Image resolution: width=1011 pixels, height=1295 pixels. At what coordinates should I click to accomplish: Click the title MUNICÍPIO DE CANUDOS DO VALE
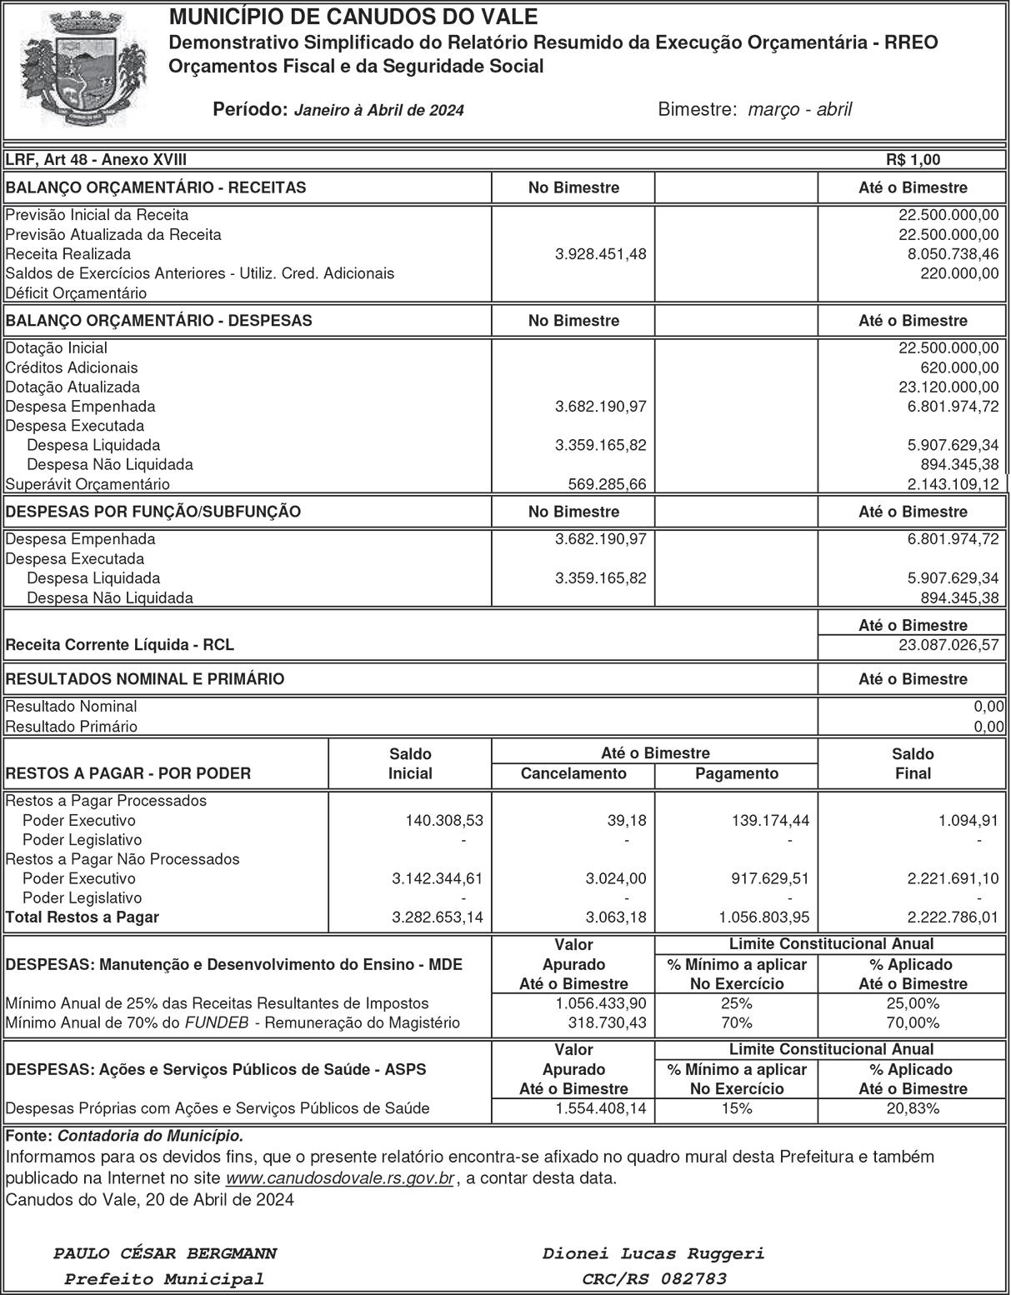point(353,17)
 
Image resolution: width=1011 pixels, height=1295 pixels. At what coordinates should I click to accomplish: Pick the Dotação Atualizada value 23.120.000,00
point(947,387)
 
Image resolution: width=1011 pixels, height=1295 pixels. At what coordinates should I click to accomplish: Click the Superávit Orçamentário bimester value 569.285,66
point(600,484)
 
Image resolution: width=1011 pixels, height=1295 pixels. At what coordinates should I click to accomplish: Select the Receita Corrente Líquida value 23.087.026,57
point(947,645)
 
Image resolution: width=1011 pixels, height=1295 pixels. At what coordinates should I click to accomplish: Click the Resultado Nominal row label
point(72,707)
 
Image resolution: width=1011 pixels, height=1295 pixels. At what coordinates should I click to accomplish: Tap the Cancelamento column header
point(573,773)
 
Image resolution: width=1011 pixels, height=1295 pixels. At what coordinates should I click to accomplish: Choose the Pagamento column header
point(737,773)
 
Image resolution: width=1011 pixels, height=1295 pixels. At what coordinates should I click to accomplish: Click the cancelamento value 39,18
point(626,821)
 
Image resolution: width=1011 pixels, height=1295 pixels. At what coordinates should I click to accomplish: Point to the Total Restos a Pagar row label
point(82,917)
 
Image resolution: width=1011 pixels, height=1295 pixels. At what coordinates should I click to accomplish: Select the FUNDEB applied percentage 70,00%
point(913,1022)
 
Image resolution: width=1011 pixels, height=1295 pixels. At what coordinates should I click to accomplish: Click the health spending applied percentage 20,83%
point(913,1108)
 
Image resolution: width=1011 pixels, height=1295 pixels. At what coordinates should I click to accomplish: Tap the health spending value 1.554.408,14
point(600,1108)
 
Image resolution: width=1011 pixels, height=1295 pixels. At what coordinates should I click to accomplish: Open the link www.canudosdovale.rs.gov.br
point(340,1178)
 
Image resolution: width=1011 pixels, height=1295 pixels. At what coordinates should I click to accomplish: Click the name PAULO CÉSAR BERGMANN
point(165,1253)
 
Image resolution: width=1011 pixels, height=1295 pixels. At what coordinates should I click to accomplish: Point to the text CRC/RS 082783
point(654,1278)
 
